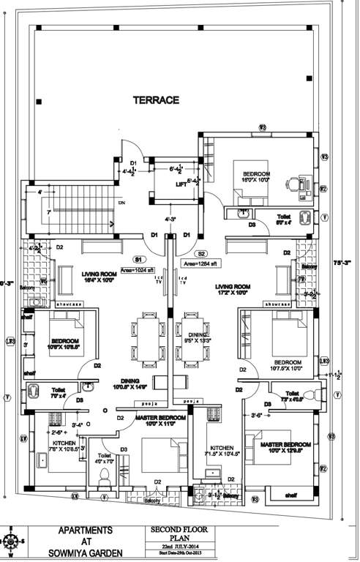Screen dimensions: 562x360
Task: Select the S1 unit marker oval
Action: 138,258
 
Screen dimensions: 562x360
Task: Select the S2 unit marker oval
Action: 200,254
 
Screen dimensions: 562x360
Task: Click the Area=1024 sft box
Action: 138,270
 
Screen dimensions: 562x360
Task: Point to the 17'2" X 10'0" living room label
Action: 233,291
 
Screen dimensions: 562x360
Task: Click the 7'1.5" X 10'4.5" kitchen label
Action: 221,450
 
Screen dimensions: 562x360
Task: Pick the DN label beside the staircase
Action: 122,202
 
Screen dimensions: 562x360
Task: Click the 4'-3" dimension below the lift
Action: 169,218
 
